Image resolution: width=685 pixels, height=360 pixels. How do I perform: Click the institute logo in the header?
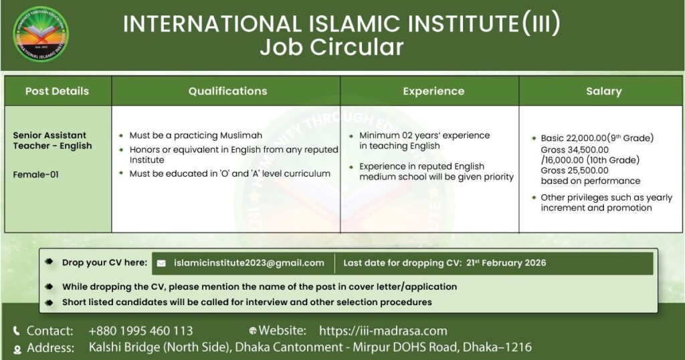[41, 33]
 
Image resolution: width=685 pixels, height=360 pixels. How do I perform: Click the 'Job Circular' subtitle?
[332, 48]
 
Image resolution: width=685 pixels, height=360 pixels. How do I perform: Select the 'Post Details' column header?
[58, 91]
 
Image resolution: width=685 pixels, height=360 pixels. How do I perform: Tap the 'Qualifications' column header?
[227, 91]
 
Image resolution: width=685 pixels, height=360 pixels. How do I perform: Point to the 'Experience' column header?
[433, 91]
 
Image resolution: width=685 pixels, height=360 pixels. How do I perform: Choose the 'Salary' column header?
[604, 91]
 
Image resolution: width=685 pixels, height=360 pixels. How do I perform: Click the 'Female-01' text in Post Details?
[36, 175]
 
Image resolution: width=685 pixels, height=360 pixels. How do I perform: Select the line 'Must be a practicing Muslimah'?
[196, 135]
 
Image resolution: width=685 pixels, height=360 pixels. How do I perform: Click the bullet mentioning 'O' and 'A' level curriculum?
[230, 173]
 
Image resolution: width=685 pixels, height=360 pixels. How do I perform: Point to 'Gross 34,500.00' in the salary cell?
[575, 149]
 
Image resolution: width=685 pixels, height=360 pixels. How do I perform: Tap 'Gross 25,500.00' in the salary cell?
[575, 171]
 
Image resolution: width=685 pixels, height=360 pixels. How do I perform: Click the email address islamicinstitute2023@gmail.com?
[249, 263]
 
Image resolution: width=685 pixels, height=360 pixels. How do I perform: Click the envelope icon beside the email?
[161, 264]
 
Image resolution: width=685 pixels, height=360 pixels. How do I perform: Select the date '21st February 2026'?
[506, 263]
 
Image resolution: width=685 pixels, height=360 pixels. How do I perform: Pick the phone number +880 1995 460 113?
[140, 331]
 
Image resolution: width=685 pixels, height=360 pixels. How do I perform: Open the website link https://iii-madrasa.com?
[383, 331]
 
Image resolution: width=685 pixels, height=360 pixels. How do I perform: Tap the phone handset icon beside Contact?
[17, 331]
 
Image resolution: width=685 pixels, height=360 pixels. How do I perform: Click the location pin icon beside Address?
[17, 349]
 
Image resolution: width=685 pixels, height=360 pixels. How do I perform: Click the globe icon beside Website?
[252, 331]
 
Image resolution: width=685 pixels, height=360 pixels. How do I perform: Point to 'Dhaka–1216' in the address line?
[497, 347]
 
